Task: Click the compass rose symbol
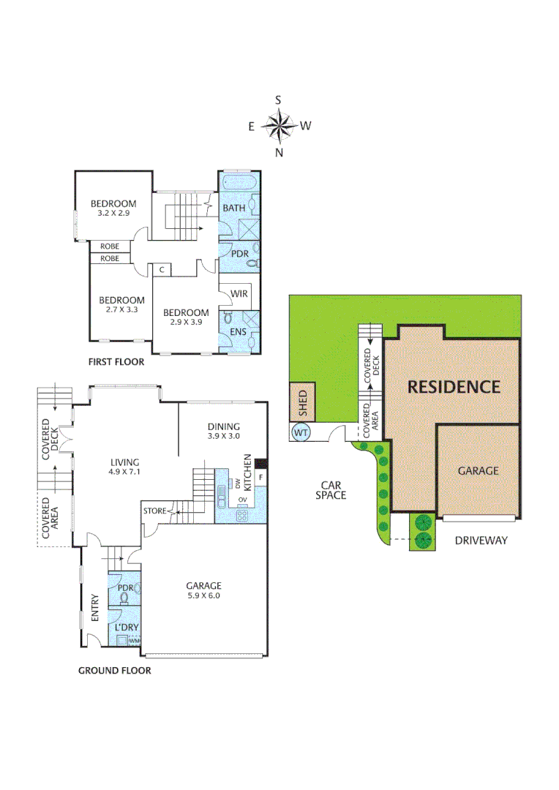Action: click(x=279, y=126)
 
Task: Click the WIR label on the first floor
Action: click(x=239, y=294)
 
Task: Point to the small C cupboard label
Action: click(x=161, y=270)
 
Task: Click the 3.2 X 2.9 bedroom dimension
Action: click(x=113, y=214)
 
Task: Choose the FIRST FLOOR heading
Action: click(x=116, y=361)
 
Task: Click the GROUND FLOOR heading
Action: click(x=115, y=670)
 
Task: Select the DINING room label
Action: click(x=224, y=426)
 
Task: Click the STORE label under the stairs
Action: click(x=155, y=511)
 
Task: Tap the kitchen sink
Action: click(x=222, y=495)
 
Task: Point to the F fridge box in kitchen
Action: click(x=260, y=480)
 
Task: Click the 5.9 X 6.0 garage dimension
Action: click(x=203, y=595)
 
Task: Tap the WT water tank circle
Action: click(x=301, y=433)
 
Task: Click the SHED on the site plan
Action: click(x=302, y=402)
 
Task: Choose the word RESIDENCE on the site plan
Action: click(x=454, y=386)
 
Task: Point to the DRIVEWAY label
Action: click(x=481, y=541)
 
